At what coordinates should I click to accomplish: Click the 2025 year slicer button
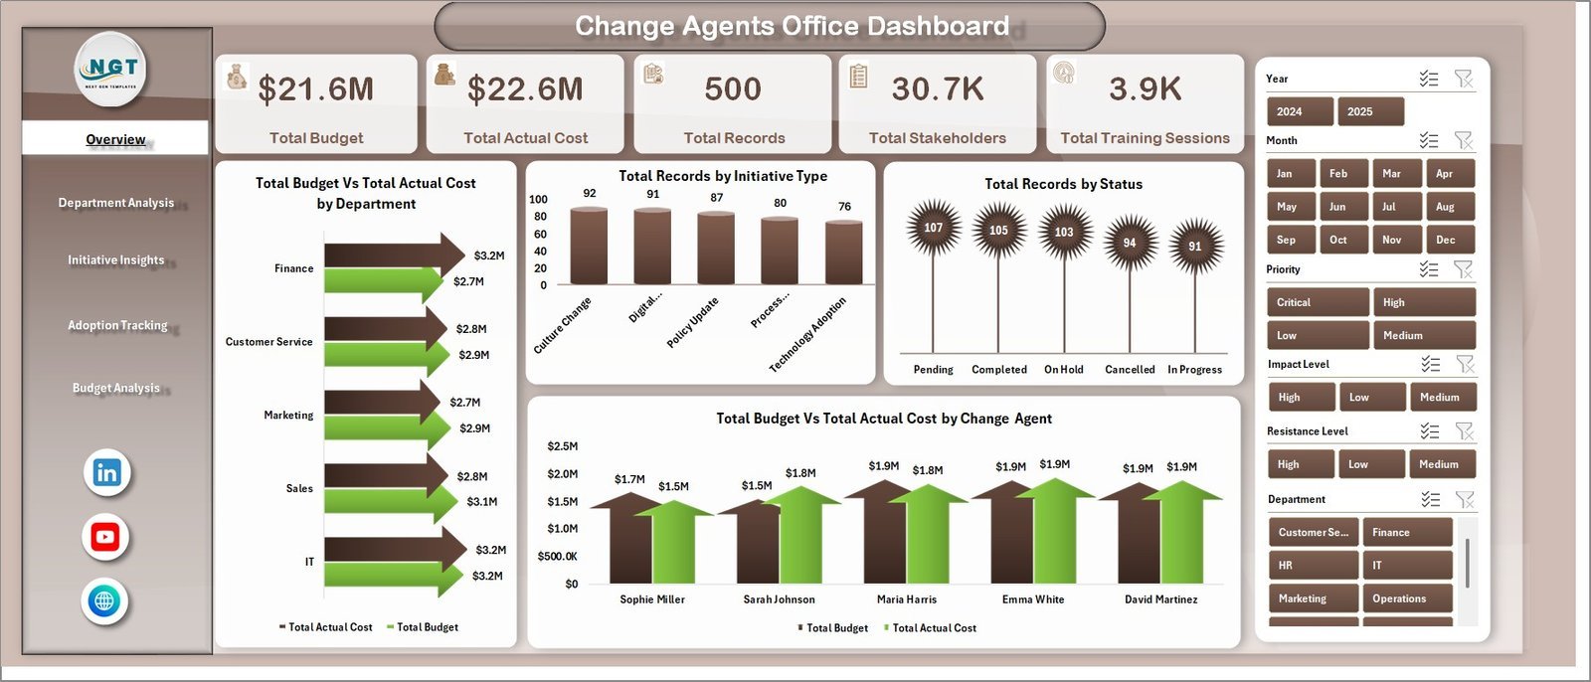tap(1370, 111)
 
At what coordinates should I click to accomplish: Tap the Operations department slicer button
tap(1406, 598)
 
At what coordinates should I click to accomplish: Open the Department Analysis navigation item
tap(115, 203)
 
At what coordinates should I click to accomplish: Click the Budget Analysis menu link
tap(115, 388)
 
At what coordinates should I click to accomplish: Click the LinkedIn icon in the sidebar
tap(106, 473)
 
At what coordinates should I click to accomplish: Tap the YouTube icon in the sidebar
tap(104, 538)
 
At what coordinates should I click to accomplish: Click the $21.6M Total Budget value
tap(315, 89)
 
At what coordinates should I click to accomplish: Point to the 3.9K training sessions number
tap(1145, 89)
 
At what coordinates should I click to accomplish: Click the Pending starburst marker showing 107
tap(933, 228)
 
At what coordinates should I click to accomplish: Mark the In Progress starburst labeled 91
tap(1194, 246)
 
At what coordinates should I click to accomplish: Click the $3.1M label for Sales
tap(481, 502)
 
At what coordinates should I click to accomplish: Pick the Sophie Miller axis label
tap(651, 599)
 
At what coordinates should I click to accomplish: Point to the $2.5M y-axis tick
tap(562, 446)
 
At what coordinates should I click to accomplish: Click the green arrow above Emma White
tap(1055, 527)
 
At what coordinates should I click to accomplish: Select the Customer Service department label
tap(268, 342)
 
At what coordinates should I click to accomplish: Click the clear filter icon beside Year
tap(1464, 79)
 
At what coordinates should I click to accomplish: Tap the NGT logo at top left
tap(111, 70)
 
